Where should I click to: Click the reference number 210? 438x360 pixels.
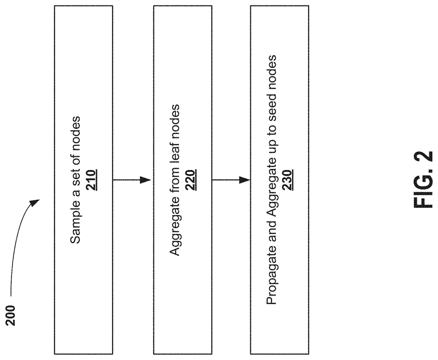[x=91, y=180]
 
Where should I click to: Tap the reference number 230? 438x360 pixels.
[x=288, y=180]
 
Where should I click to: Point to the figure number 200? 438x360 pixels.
[x=11, y=316]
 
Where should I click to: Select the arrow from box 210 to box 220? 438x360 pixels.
[x=132, y=180]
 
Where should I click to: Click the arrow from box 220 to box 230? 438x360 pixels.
[x=231, y=180]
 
